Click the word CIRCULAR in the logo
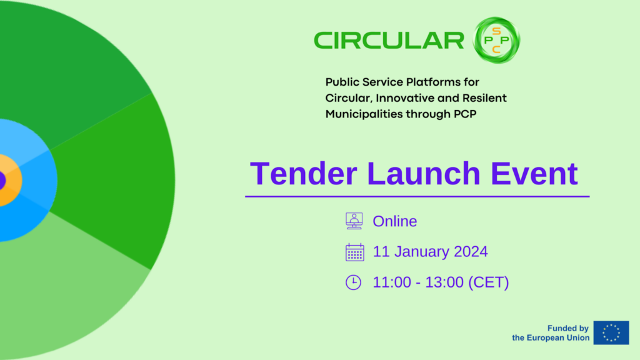point(389,41)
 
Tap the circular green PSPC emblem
point(496,40)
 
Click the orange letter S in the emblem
point(496,31)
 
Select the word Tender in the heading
point(304,174)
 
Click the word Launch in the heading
point(424,174)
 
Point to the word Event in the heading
point(534,174)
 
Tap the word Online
point(395,221)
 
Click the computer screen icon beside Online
point(354,221)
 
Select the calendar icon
point(355,252)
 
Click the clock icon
point(354,282)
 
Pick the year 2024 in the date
point(471,251)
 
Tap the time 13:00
point(444,282)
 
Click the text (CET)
point(489,282)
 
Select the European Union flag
point(611,332)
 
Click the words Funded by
point(567,328)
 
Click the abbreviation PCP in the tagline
point(465,114)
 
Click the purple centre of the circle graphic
point(2,181)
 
